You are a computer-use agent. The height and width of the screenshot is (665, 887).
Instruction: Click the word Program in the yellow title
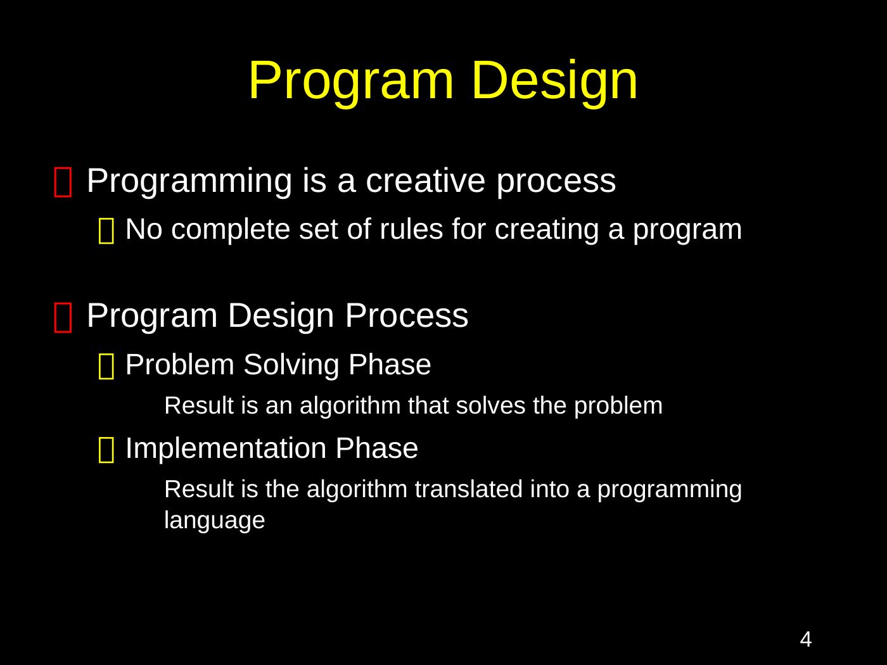(351, 83)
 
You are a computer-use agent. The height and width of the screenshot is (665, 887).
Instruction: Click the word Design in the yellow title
(555, 83)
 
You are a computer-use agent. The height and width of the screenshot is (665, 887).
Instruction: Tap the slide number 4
(806, 639)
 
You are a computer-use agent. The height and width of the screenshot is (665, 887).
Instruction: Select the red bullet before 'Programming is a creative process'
(63, 182)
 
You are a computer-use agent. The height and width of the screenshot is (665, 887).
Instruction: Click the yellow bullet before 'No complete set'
(106, 231)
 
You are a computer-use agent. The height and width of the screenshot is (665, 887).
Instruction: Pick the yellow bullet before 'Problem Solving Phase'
(106, 366)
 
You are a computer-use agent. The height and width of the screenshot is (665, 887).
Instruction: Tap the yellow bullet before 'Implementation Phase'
(106, 450)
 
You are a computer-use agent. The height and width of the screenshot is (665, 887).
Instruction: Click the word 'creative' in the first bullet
(426, 180)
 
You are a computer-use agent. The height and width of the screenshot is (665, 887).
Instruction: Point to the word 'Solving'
(291, 365)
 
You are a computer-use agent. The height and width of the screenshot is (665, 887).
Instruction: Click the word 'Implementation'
(226, 448)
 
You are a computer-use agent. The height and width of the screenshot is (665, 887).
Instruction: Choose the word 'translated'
(469, 489)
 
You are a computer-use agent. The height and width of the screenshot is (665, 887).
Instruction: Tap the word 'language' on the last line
(215, 521)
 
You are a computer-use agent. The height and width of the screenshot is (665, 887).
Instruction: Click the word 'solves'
(490, 405)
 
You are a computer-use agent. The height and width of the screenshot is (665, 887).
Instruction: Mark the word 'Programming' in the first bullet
(189, 182)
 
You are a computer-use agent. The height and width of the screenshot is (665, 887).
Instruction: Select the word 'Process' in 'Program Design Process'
(407, 315)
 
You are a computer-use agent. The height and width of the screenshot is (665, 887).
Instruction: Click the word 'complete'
(231, 230)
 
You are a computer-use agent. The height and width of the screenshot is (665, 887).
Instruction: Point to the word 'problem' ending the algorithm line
(618, 406)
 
